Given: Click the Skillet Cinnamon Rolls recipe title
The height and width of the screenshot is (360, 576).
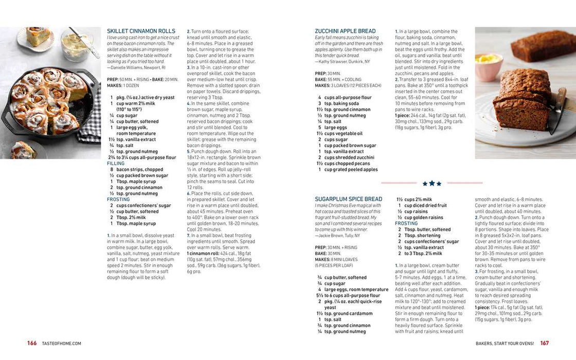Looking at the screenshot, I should pyautogui.click(x=141, y=31).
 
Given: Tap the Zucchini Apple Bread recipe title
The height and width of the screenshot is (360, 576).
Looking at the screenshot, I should pyautogui.click(x=345, y=31).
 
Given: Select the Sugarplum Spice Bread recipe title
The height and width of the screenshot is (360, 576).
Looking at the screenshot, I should pyautogui.click(x=348, y=199).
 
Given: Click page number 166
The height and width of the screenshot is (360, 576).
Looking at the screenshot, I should pyautogui.click(x=32, y=343).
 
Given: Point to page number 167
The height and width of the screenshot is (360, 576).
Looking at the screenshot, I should pyautogui.click(x=545, y=343).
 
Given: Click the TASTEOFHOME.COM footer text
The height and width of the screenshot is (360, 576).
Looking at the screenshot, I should pyautogui.click(x=61, y=344).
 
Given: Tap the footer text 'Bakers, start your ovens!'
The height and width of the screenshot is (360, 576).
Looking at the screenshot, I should pyautogui.click(x=503, y=344).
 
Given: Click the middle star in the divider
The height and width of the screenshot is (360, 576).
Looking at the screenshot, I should pyautogui.click(x=432, y=183).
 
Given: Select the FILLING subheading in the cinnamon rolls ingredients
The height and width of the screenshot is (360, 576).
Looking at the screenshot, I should pyautogui.click(x=116, y=164).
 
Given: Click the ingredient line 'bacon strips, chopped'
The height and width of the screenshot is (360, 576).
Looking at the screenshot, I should pyautogui.click(x=139, y=170).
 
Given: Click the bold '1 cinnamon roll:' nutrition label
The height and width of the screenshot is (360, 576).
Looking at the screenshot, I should pyautogui.click(x=203, y=254).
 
